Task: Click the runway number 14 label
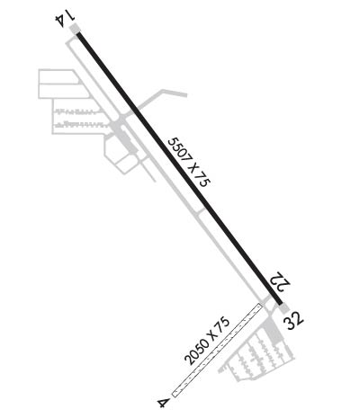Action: click(66, 21)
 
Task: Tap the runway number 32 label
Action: click(294, 321)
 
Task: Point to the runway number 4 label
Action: click(163, 402)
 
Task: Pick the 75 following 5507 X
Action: click(202, 180)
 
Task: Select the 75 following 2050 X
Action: click(223, 323)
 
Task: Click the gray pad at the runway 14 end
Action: click(74, 29)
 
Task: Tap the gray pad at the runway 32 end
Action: click(283, 307)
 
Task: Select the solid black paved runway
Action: click(179, 168)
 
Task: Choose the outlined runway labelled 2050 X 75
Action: click(216, 351)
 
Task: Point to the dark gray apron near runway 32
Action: click(273, 331)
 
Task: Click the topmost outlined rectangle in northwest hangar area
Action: click(58, 76)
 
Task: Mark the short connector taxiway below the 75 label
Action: click(202, 212)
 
